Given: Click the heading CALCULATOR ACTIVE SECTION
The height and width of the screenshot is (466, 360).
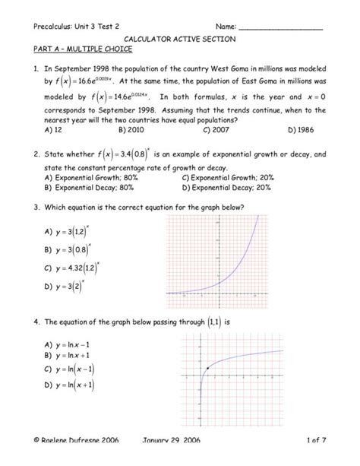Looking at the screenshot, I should pos(180,37).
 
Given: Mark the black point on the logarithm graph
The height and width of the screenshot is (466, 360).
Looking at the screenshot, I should pos(207,368).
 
